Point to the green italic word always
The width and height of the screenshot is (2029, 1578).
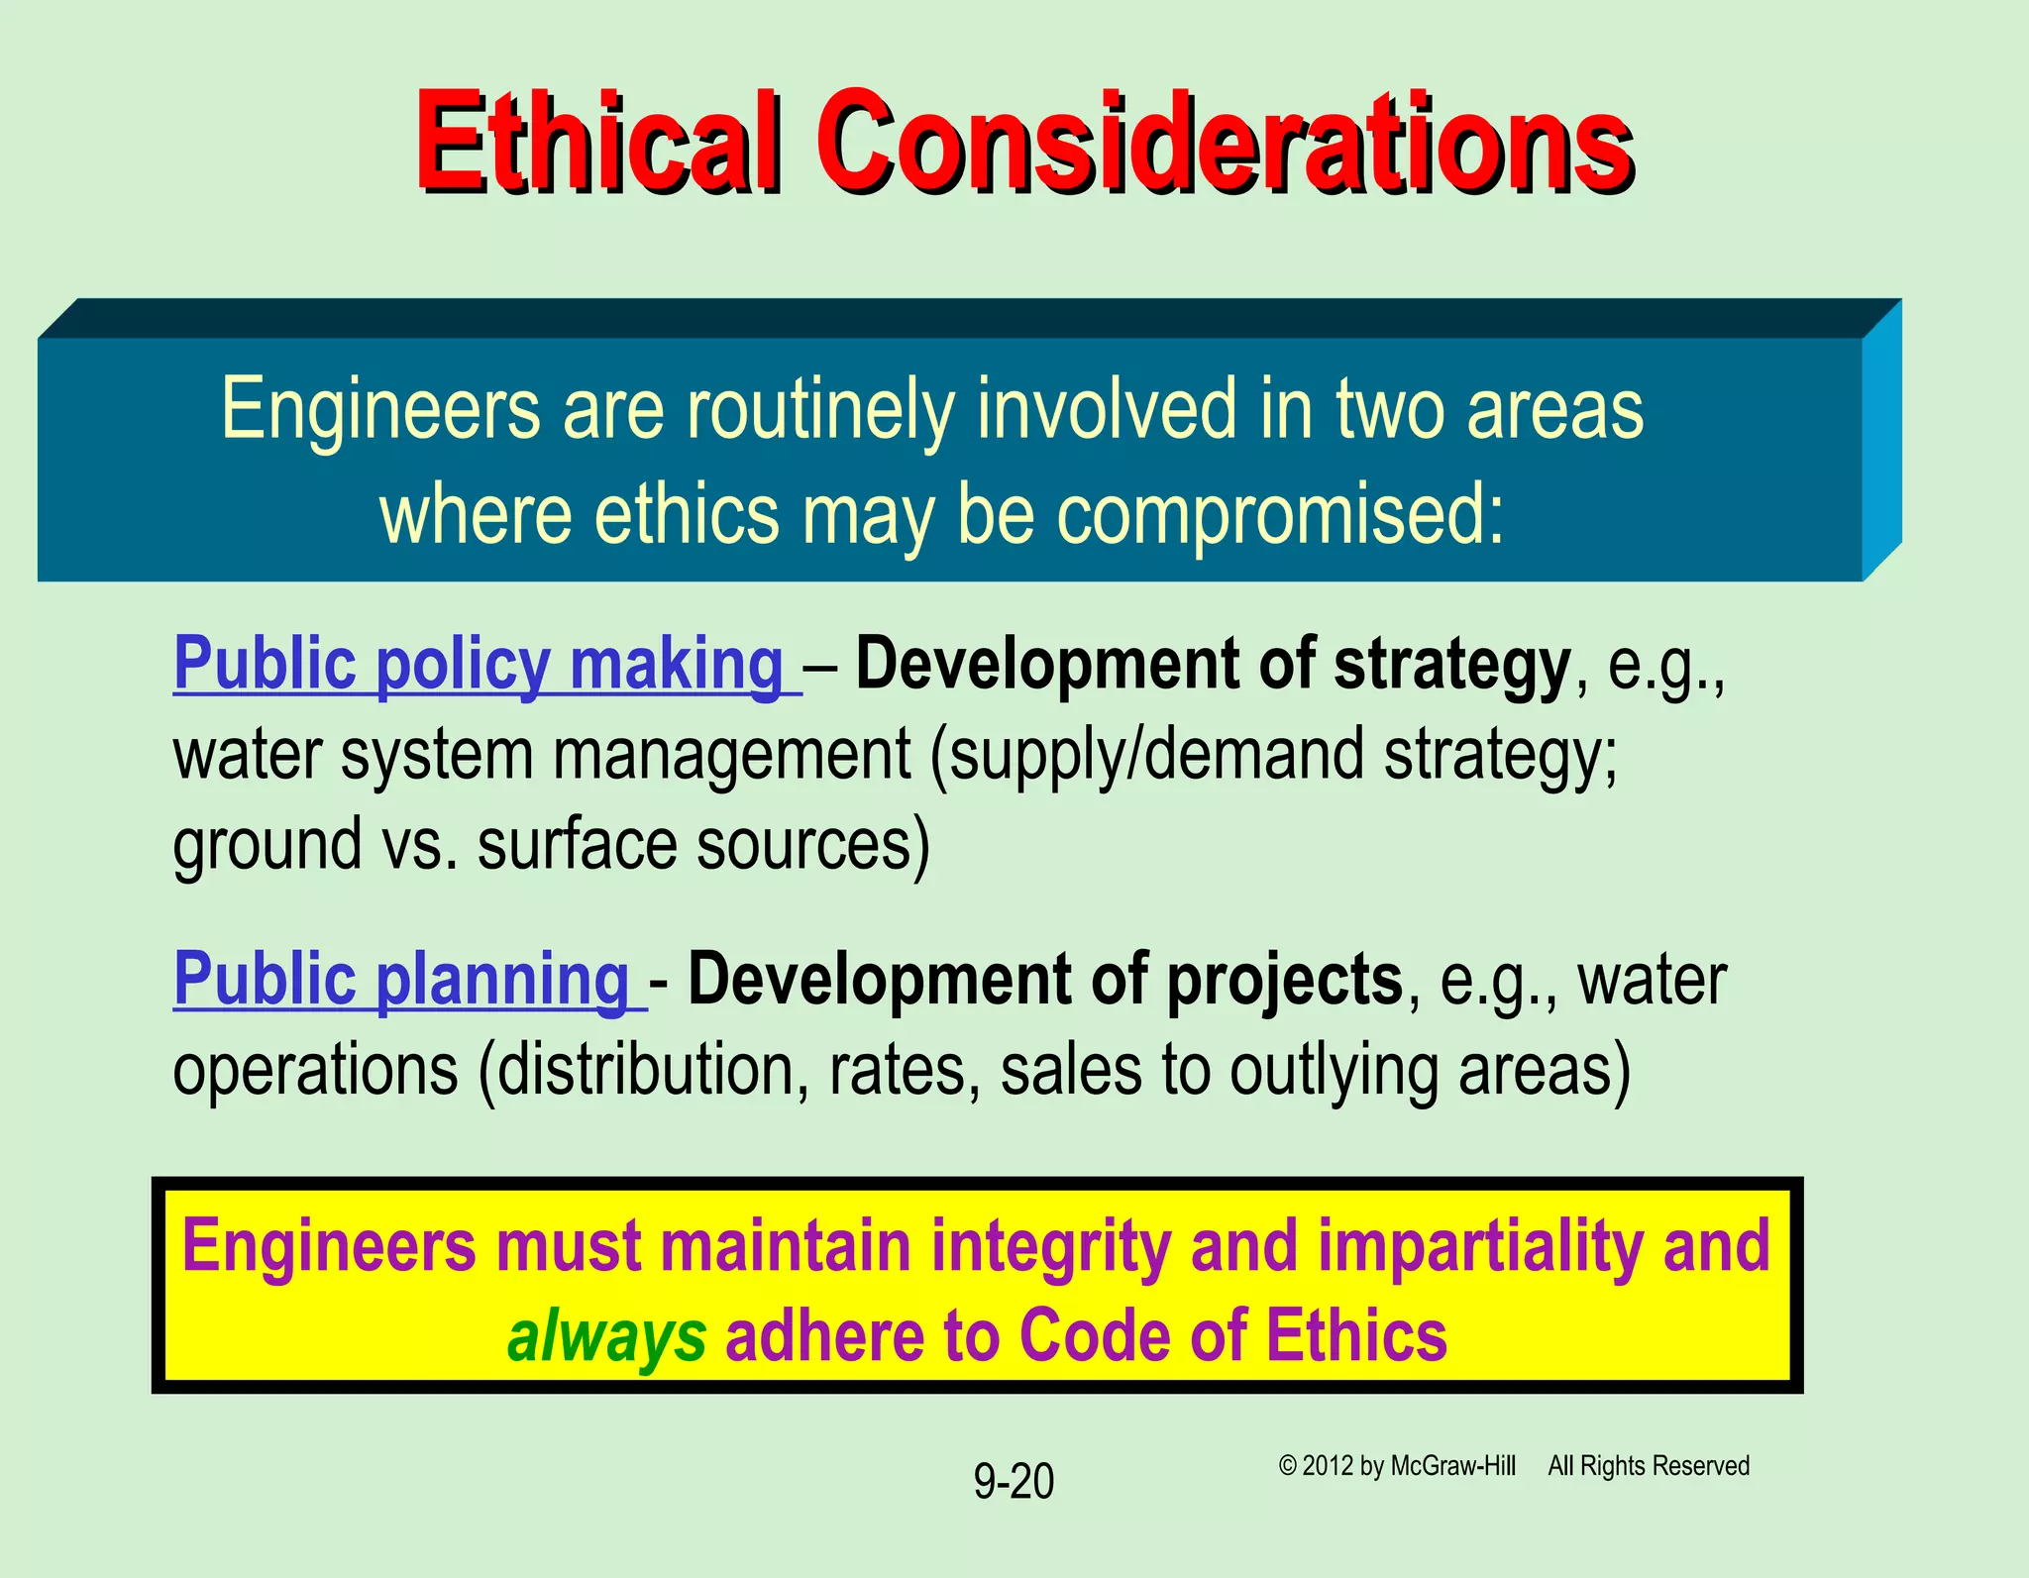(606, 1336)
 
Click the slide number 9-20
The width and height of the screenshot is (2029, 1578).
(1014, 1482)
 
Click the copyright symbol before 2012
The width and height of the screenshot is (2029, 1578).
(1287, 1466)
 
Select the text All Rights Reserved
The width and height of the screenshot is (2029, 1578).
(1649, 1466)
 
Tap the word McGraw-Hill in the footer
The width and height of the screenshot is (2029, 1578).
(1453, 1466)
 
